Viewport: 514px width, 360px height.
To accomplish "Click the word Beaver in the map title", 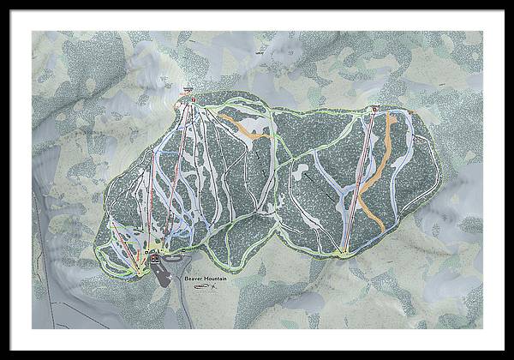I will tap(188, 278).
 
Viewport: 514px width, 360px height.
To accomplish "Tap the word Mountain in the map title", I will tap(211, 278).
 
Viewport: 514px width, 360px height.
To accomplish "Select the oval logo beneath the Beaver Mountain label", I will tap(200, 287).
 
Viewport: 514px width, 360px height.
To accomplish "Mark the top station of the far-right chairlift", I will tap(375, 109).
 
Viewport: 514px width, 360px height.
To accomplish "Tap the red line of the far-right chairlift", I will tap(360, 180).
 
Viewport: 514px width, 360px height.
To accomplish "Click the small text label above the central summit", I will tap(188, 88).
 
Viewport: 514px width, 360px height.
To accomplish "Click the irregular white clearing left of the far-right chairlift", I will tap(300, 171).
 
